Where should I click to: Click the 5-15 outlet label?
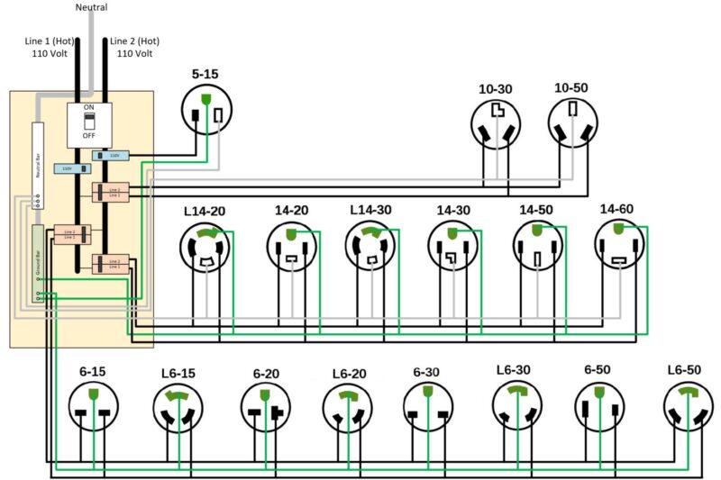coord(204,74)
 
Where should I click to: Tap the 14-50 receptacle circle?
coord(538,246)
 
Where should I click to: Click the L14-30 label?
coord(370,210)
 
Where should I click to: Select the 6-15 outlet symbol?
coord(93,406)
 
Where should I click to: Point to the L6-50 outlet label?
coord(685,370)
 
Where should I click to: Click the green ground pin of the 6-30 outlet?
coord(427,393)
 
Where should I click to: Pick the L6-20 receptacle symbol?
coord(347,408)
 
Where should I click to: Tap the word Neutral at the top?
coord(90,7)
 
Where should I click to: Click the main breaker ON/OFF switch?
coord(89,120)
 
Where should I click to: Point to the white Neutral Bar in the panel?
coord(39,162)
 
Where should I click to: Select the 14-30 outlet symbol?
coord(452,246)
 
